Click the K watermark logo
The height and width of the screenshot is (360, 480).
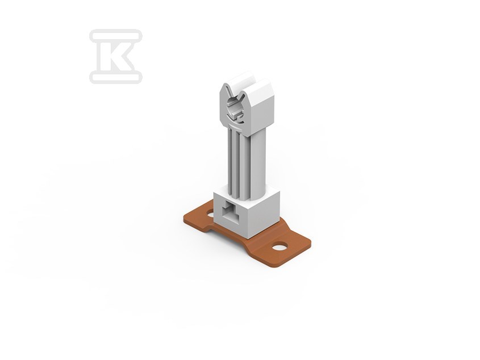(116, 56)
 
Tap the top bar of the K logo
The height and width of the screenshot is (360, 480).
(116, 36)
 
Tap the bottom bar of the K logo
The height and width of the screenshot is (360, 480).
(116, 77)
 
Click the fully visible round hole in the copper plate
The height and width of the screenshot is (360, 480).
(280, 246)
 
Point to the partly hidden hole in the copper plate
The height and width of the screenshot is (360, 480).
(211, 214)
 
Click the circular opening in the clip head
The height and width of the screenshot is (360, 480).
(234, 109)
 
